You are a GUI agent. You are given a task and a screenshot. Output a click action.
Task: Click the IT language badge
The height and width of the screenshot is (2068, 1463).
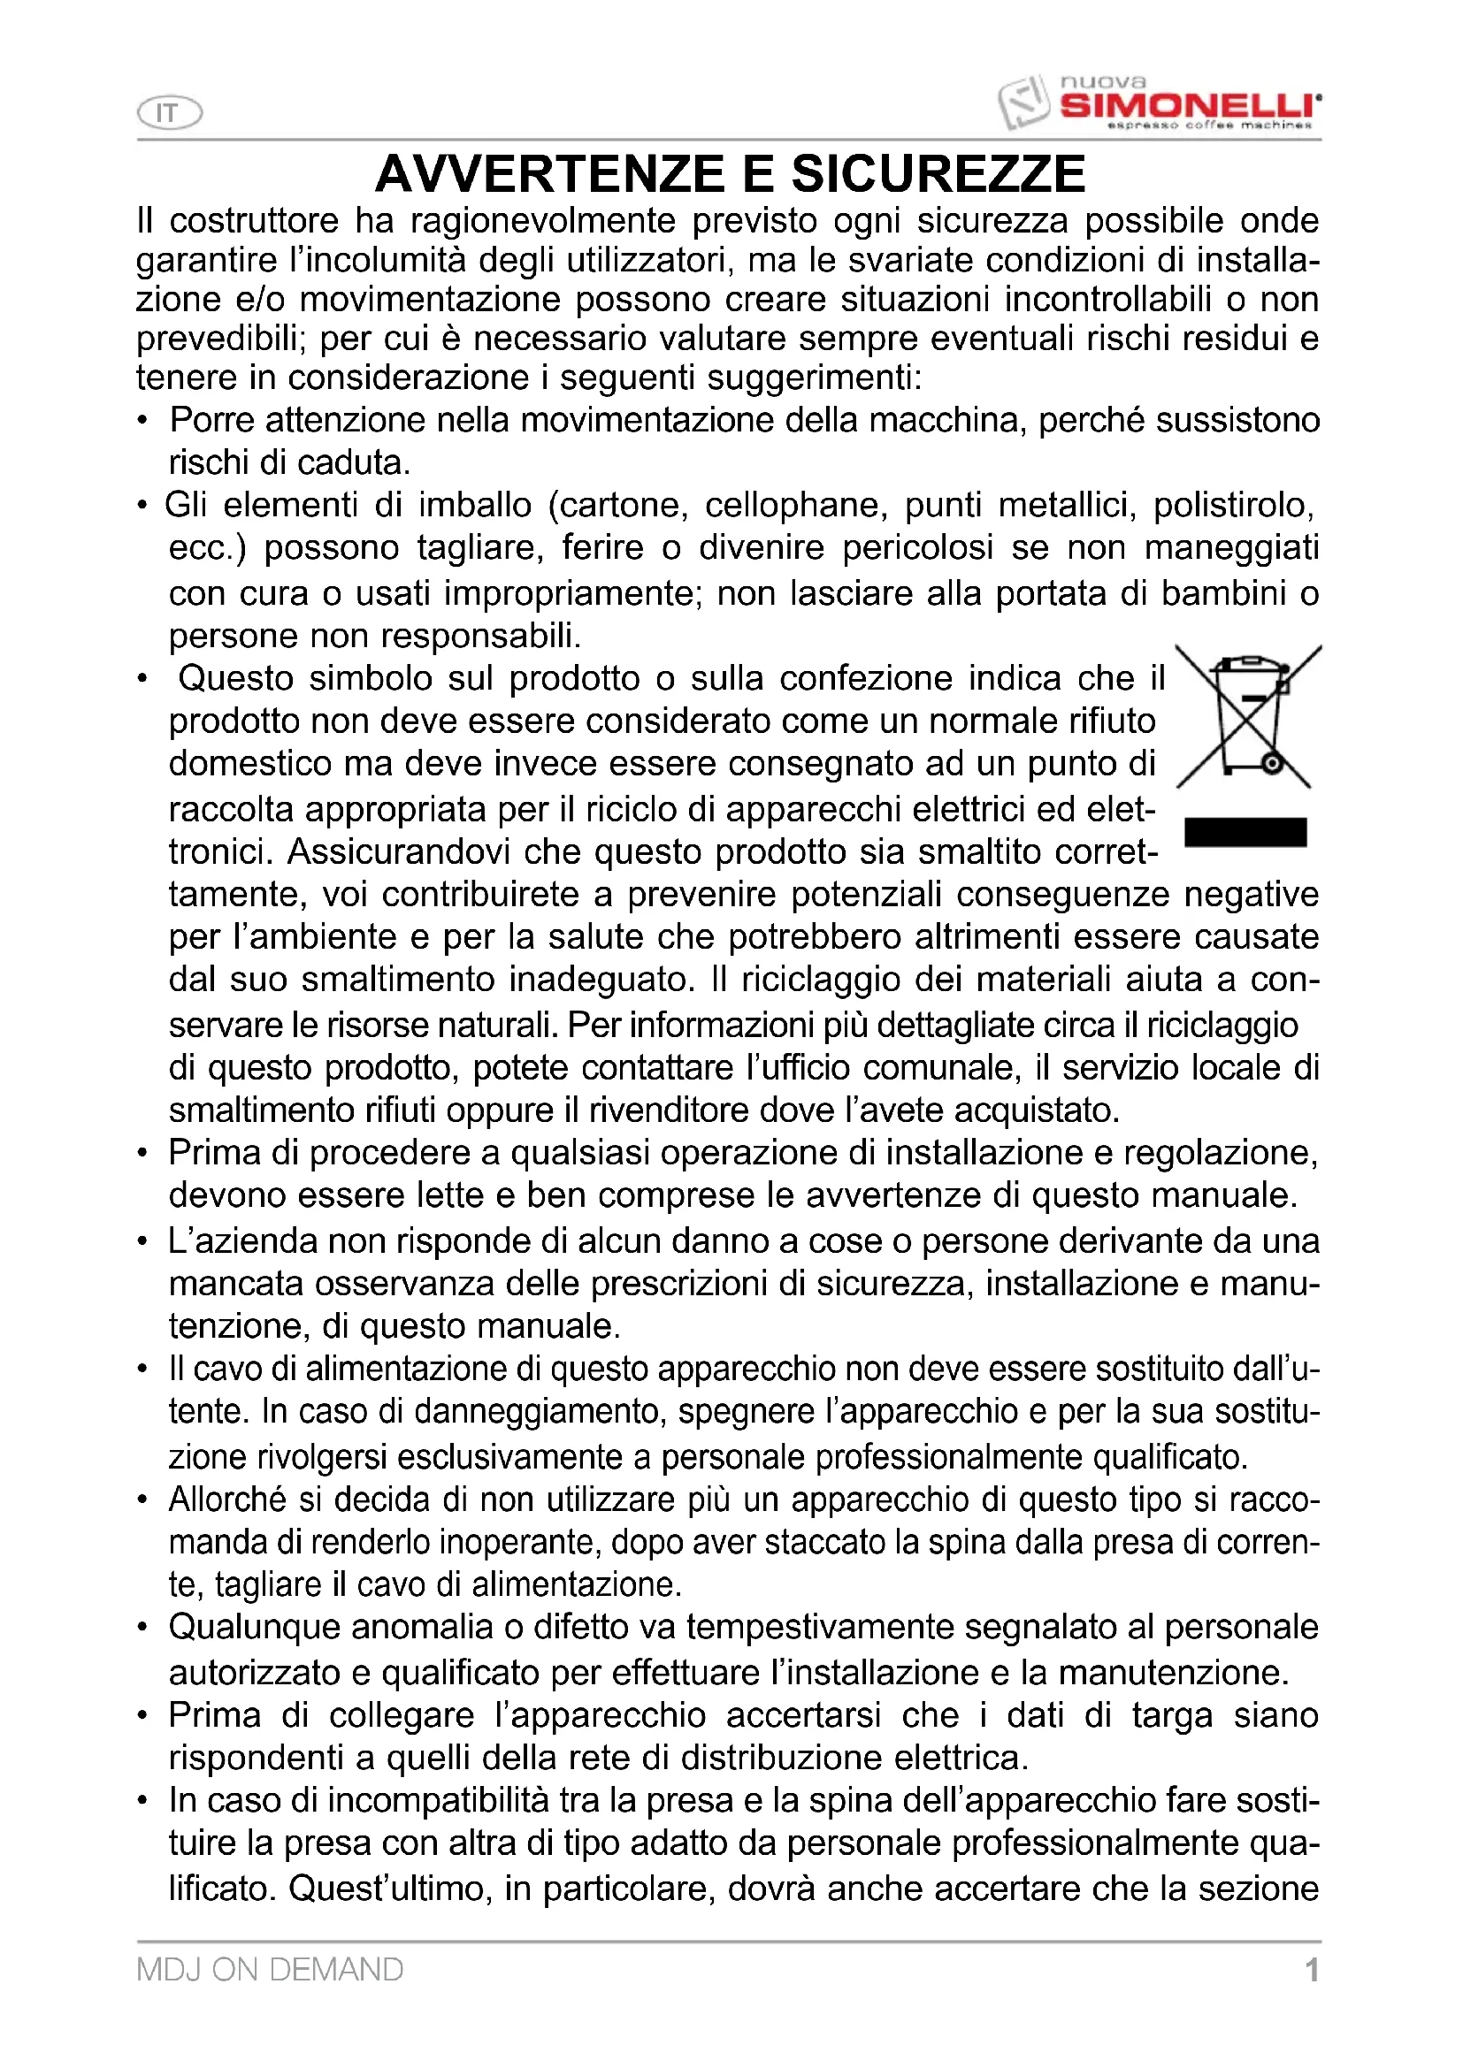coord(168,113)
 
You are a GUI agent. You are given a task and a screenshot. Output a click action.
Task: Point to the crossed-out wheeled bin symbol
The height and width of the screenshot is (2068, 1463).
coord(1247,717)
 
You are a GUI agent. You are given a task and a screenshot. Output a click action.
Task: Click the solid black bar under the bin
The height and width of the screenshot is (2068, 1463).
coord(1245,832)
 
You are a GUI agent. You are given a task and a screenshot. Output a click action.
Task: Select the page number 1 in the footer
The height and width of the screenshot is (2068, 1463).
coord(1312,1970)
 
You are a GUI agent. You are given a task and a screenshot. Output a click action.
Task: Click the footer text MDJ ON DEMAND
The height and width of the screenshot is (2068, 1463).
coord(270,1970)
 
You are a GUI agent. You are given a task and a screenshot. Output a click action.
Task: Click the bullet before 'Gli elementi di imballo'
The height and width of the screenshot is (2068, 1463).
coord(142,506)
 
